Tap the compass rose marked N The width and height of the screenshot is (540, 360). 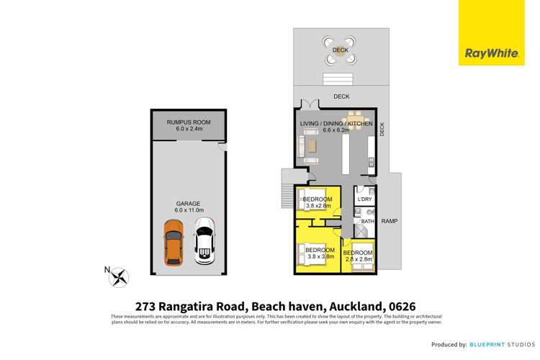click(120, 275)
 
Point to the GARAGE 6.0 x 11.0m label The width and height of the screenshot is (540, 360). click(189, 207)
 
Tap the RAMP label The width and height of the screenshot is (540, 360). click(390, 221)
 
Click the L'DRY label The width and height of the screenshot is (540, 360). click(364, 199)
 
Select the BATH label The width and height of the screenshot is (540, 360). click(366, 222)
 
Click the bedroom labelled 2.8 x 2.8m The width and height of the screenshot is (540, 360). click(358, 257)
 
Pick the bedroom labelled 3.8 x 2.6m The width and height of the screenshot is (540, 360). click(317, 202)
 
